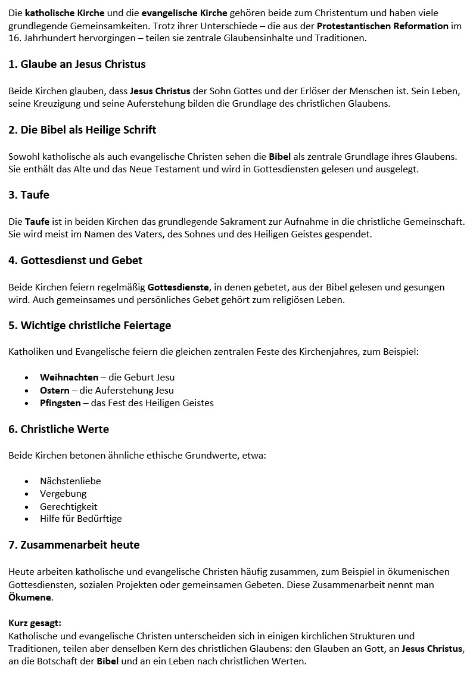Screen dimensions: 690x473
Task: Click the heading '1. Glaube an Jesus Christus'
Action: tap(77, 64)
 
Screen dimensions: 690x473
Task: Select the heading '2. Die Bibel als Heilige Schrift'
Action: tap(82, 129)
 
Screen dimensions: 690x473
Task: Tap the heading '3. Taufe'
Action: tap(29, 195)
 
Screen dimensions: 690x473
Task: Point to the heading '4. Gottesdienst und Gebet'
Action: tap(75, 261)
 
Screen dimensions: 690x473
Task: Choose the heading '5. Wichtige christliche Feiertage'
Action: tap(89, 326)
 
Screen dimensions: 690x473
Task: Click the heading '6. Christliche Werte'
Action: tap(58, 429)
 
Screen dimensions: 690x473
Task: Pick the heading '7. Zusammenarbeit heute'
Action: tap(74, 545)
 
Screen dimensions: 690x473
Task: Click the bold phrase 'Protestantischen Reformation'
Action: tap(382, 26)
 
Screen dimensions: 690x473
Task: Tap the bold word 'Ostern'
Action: tap(54, 391)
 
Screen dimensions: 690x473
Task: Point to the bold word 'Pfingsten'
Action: tap(60, 403)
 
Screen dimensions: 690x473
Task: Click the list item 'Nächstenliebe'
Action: tap(70, 481)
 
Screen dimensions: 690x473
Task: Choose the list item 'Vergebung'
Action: tap(63, 494)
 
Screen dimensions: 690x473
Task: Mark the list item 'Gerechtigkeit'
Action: tap(69, 506)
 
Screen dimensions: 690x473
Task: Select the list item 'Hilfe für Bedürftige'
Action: tap(80, 519)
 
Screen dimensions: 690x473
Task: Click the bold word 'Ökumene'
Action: tap(30, 598)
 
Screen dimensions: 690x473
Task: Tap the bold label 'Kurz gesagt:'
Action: tap(35, 623)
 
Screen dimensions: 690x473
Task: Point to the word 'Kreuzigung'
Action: tap(57, 104)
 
